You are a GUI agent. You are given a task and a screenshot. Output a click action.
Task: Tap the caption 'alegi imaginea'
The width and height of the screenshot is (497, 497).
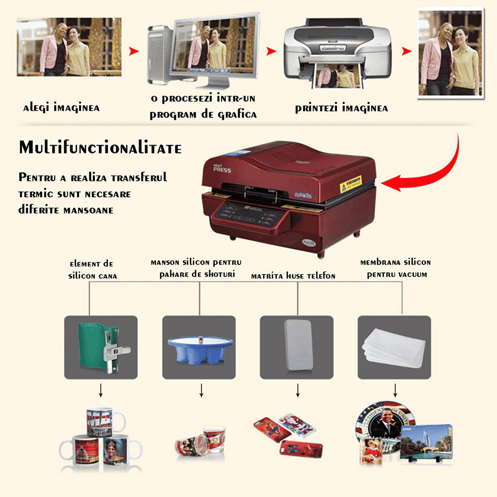[x=61, y=108]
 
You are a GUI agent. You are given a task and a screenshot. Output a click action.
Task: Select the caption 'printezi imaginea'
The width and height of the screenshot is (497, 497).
[x=341, y=108]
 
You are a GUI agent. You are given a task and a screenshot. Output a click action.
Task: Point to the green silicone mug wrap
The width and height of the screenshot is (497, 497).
[x=99, y=347]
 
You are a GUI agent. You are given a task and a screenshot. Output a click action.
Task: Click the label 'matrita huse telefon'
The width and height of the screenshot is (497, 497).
[x=293, y=275]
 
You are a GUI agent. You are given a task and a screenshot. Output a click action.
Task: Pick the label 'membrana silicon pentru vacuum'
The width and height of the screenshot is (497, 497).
[x=396, y=268]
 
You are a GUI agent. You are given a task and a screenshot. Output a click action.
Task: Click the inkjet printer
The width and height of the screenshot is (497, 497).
[x=337, y=52]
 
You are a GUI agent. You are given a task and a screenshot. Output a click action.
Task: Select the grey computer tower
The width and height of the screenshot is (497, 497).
[x=160, y=55]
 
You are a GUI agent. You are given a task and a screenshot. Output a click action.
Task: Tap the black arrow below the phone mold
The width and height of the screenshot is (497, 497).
[x=298, y=391]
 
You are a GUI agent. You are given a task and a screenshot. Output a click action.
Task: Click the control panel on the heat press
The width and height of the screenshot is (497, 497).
[x=248, y=215]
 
